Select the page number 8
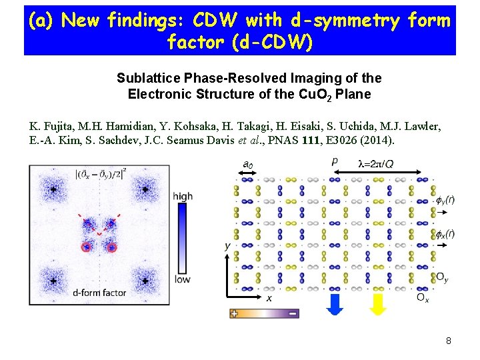click(449, 341)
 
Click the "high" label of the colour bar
click(182, 196)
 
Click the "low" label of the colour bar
click(182, 279)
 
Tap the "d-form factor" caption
click(99, 293)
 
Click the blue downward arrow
click(337, 303)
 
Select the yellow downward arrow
click(378, 303)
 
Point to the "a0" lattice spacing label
click(247, 164)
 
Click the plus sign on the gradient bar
click(234, 313)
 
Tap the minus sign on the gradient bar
click(292, 313)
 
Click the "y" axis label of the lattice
click(227, 247)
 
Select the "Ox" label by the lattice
click(423, 297)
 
